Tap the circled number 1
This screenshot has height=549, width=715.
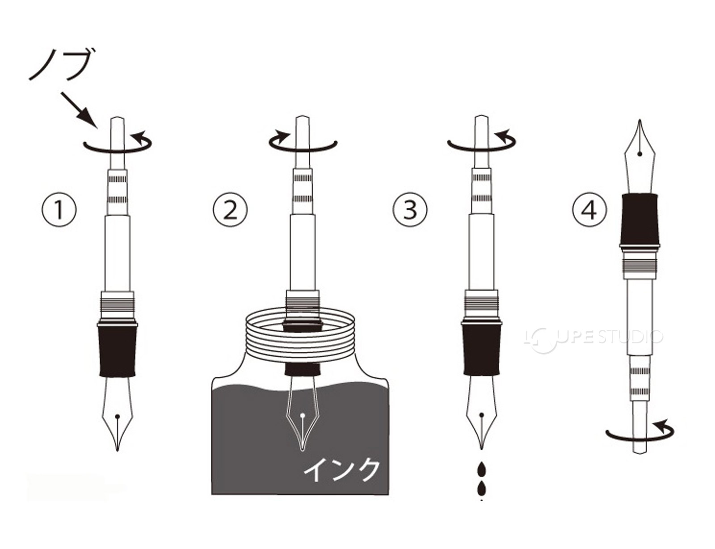pos(59,210)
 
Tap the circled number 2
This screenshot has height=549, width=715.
pos(230,210)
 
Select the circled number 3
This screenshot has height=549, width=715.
pos(410,210)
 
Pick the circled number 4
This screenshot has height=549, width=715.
pos(589,210)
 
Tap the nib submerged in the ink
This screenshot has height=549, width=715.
pos(302,414)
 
